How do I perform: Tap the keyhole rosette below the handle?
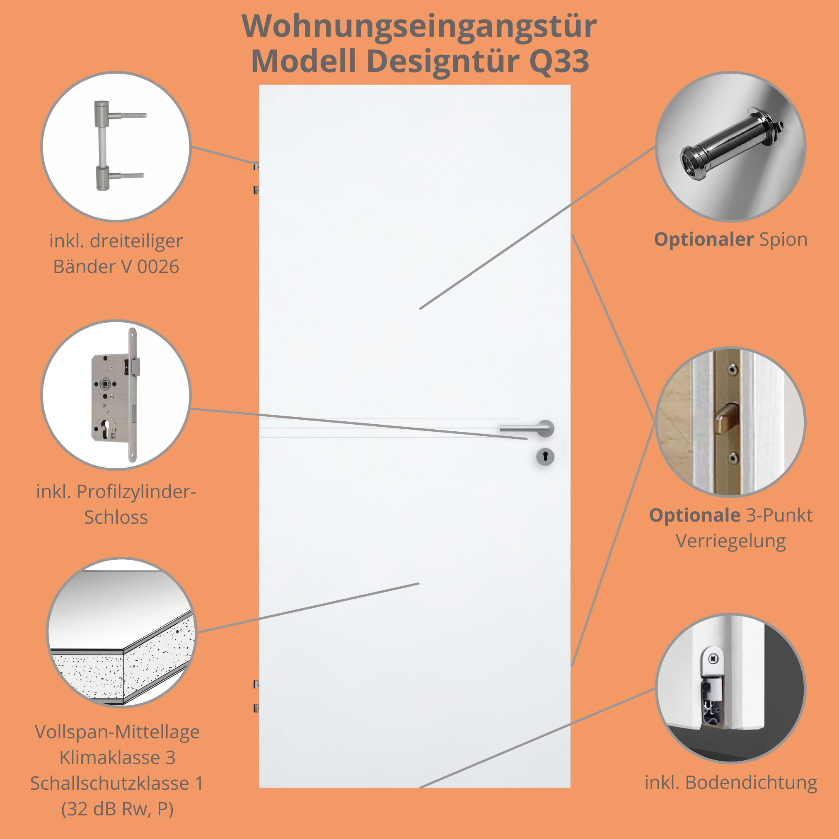point(545,457)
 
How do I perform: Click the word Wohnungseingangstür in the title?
point(419,26)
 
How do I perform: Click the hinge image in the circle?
point(116,146)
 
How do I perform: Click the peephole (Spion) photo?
point(731,147)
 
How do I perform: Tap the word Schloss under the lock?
point(116,517)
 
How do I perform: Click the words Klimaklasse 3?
point(117,757)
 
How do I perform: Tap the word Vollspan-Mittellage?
point(117,732)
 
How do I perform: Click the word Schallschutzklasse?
point(109,783)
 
